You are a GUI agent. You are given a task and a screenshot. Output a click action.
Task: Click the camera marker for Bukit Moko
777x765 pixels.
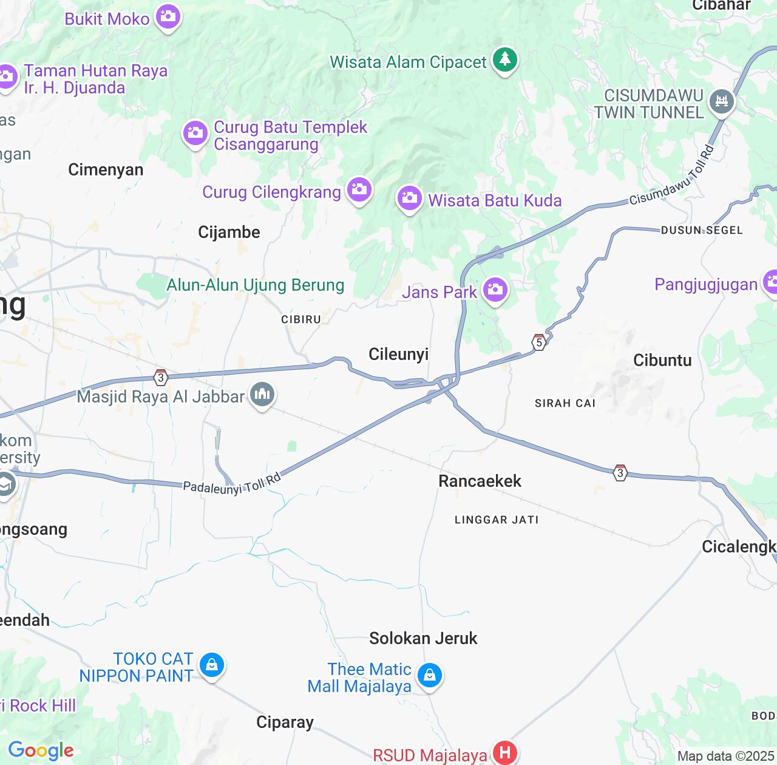tap(168, 16)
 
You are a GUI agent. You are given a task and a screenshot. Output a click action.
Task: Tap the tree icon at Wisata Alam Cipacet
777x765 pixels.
tap(504, 59)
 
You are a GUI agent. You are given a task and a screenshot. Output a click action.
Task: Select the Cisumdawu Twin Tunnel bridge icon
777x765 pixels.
tap(721, 101)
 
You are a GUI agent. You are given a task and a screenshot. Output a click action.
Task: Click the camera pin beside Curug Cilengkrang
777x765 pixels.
tap(359, 189)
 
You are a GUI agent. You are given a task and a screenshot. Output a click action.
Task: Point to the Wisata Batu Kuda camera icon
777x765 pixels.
tap(410, 198)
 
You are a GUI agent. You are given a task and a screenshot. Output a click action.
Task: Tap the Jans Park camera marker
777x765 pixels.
tap(495, 290)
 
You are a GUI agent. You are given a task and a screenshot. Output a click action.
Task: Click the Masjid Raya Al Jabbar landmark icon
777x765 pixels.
tap(262, 395)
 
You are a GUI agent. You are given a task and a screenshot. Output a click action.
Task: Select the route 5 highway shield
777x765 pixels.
tap(538, 342)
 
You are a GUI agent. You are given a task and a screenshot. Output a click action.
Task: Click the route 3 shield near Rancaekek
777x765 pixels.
tap(620, 472)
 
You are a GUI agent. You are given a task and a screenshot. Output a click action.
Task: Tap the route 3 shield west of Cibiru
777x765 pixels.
tap(160, 378)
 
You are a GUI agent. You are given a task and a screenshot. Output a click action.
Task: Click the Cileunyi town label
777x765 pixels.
tap(399, 355)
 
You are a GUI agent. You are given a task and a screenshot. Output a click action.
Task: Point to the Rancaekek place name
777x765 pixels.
tap(480, 481)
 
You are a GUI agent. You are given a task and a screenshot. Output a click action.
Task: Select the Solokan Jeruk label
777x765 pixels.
tap(423, 638)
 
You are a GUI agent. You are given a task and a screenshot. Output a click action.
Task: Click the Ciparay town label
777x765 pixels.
tap(285, 722)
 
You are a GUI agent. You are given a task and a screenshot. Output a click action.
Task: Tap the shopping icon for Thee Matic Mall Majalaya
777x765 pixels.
tap(430, 675)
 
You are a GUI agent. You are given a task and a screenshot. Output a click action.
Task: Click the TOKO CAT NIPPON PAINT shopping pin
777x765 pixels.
tap(211, 665)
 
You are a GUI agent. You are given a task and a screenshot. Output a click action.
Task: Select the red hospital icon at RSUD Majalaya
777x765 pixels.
tap(504, 753)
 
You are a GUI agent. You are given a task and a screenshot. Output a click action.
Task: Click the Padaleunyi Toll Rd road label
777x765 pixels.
tap(232, 483)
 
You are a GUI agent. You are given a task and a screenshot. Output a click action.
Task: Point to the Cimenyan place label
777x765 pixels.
tap(106, 170)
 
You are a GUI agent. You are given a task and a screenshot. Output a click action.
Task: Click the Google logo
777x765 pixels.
tap(41, 750)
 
